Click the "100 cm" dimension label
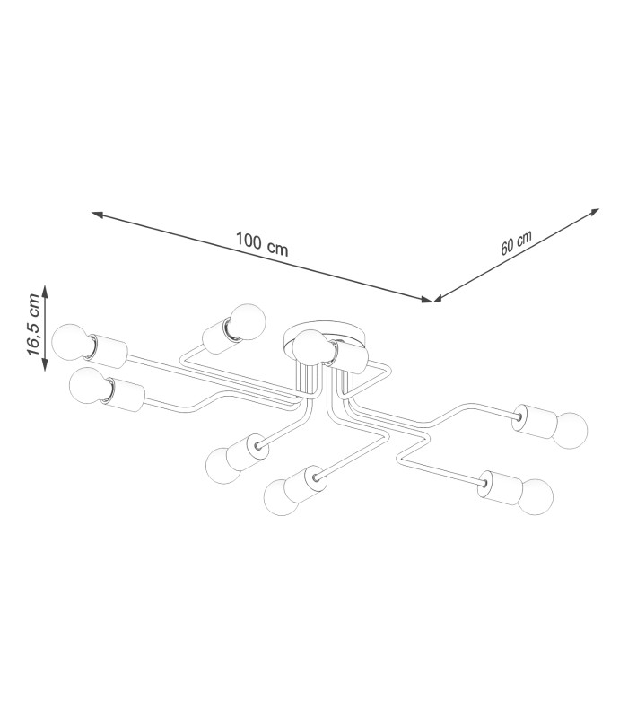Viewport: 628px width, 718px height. tap(262, 243)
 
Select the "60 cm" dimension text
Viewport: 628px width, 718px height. tap(516, 242)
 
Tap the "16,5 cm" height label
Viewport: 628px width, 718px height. tap(33, 324)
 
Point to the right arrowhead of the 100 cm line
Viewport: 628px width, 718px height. tap(427, 300)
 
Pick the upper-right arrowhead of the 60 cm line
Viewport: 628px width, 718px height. tap(594, 212)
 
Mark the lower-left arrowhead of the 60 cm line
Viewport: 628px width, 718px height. tap(438, 299)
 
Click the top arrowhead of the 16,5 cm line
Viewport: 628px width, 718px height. tap(45, 290)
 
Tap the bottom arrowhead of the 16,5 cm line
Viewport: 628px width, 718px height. tap(45, 365)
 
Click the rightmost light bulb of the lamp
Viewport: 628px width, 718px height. tap(570, 430)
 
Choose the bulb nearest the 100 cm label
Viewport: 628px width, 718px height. tap(249, 322)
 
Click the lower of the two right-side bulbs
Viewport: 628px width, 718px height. tap(536, 497)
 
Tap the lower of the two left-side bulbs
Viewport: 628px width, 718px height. tap(87, 386)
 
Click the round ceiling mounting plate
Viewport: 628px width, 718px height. tap(324, 338)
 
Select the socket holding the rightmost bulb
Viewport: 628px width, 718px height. tap(536, 421)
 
